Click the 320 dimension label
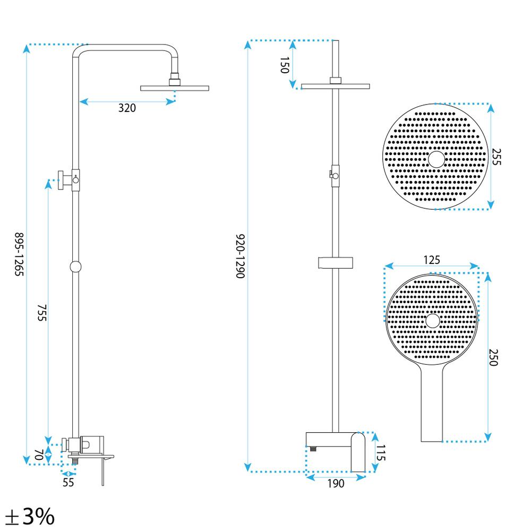(127, 108)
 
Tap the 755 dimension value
(42, 313)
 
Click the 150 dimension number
(284, 65)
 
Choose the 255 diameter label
(496, 157)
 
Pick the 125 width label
(432, 260)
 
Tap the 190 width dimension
(336, 483)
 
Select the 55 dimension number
(68, 482)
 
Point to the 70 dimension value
(38, 455)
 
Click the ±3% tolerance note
(30, 516)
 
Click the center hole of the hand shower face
(432, 320)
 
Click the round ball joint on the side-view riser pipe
(75, 267)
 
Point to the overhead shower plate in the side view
(174, 88)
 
